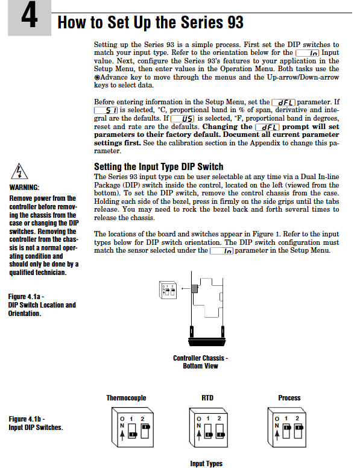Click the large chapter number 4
(30, 15)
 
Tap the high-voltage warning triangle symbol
(19, 171)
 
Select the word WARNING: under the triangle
(24, 188)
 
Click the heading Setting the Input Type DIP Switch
(159, 166)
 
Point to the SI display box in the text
(106, 110)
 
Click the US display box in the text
(182, 119)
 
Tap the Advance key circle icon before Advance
(97, 77)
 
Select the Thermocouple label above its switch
(126, 398)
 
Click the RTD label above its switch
(207, 398)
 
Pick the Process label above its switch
(289, 398)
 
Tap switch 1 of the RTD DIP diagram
(209, 431)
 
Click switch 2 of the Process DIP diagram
(298, 431)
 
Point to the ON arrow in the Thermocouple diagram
(122, 435)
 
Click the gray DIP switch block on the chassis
(195, 289)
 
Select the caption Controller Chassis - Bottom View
(200, 362)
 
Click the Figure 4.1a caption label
(42, 305)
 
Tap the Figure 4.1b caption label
(36, 423)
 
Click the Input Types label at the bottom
(206, 464)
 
